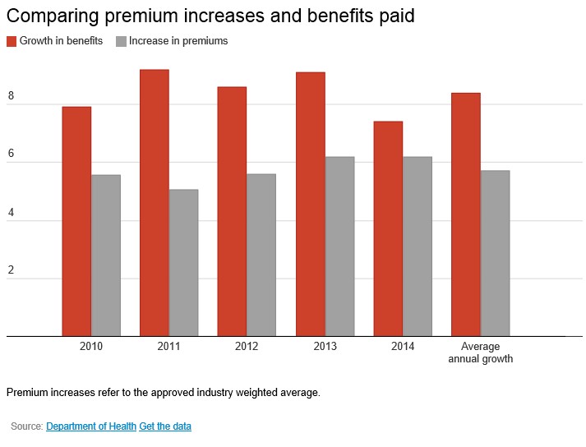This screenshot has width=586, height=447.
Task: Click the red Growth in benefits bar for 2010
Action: [x=76, y=222]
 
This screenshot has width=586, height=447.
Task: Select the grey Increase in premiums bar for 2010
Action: [x=106, y=256]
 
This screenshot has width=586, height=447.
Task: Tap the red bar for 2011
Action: [x=155, y=203]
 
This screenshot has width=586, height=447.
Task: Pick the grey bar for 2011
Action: [x=183, y=263]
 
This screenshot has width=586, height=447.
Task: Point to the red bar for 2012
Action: [x=232, y=211]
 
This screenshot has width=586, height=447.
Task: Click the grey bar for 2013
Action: [x=339, y=247]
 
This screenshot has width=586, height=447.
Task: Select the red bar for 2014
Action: [x=388, y=228]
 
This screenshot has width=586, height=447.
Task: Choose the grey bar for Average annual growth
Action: [x=495, y=253]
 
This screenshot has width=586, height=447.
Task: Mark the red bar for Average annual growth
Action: [x=466, y=214]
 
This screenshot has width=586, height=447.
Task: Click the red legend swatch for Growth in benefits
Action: [x=12, y=41]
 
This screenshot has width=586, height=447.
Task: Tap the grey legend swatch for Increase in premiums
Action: [x=122, y=41]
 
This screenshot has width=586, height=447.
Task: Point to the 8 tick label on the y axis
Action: [x=12, y=97]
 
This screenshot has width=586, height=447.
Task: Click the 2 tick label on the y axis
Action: [x=12, y=271]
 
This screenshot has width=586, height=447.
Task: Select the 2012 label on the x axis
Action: [x=247, y=347]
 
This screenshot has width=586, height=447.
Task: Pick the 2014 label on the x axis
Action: [x=403, y=347]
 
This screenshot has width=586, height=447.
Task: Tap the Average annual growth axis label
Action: [x=481, y=353]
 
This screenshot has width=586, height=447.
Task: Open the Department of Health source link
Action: [x=90, y=426]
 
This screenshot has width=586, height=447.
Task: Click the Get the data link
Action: [x=165, y=426]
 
